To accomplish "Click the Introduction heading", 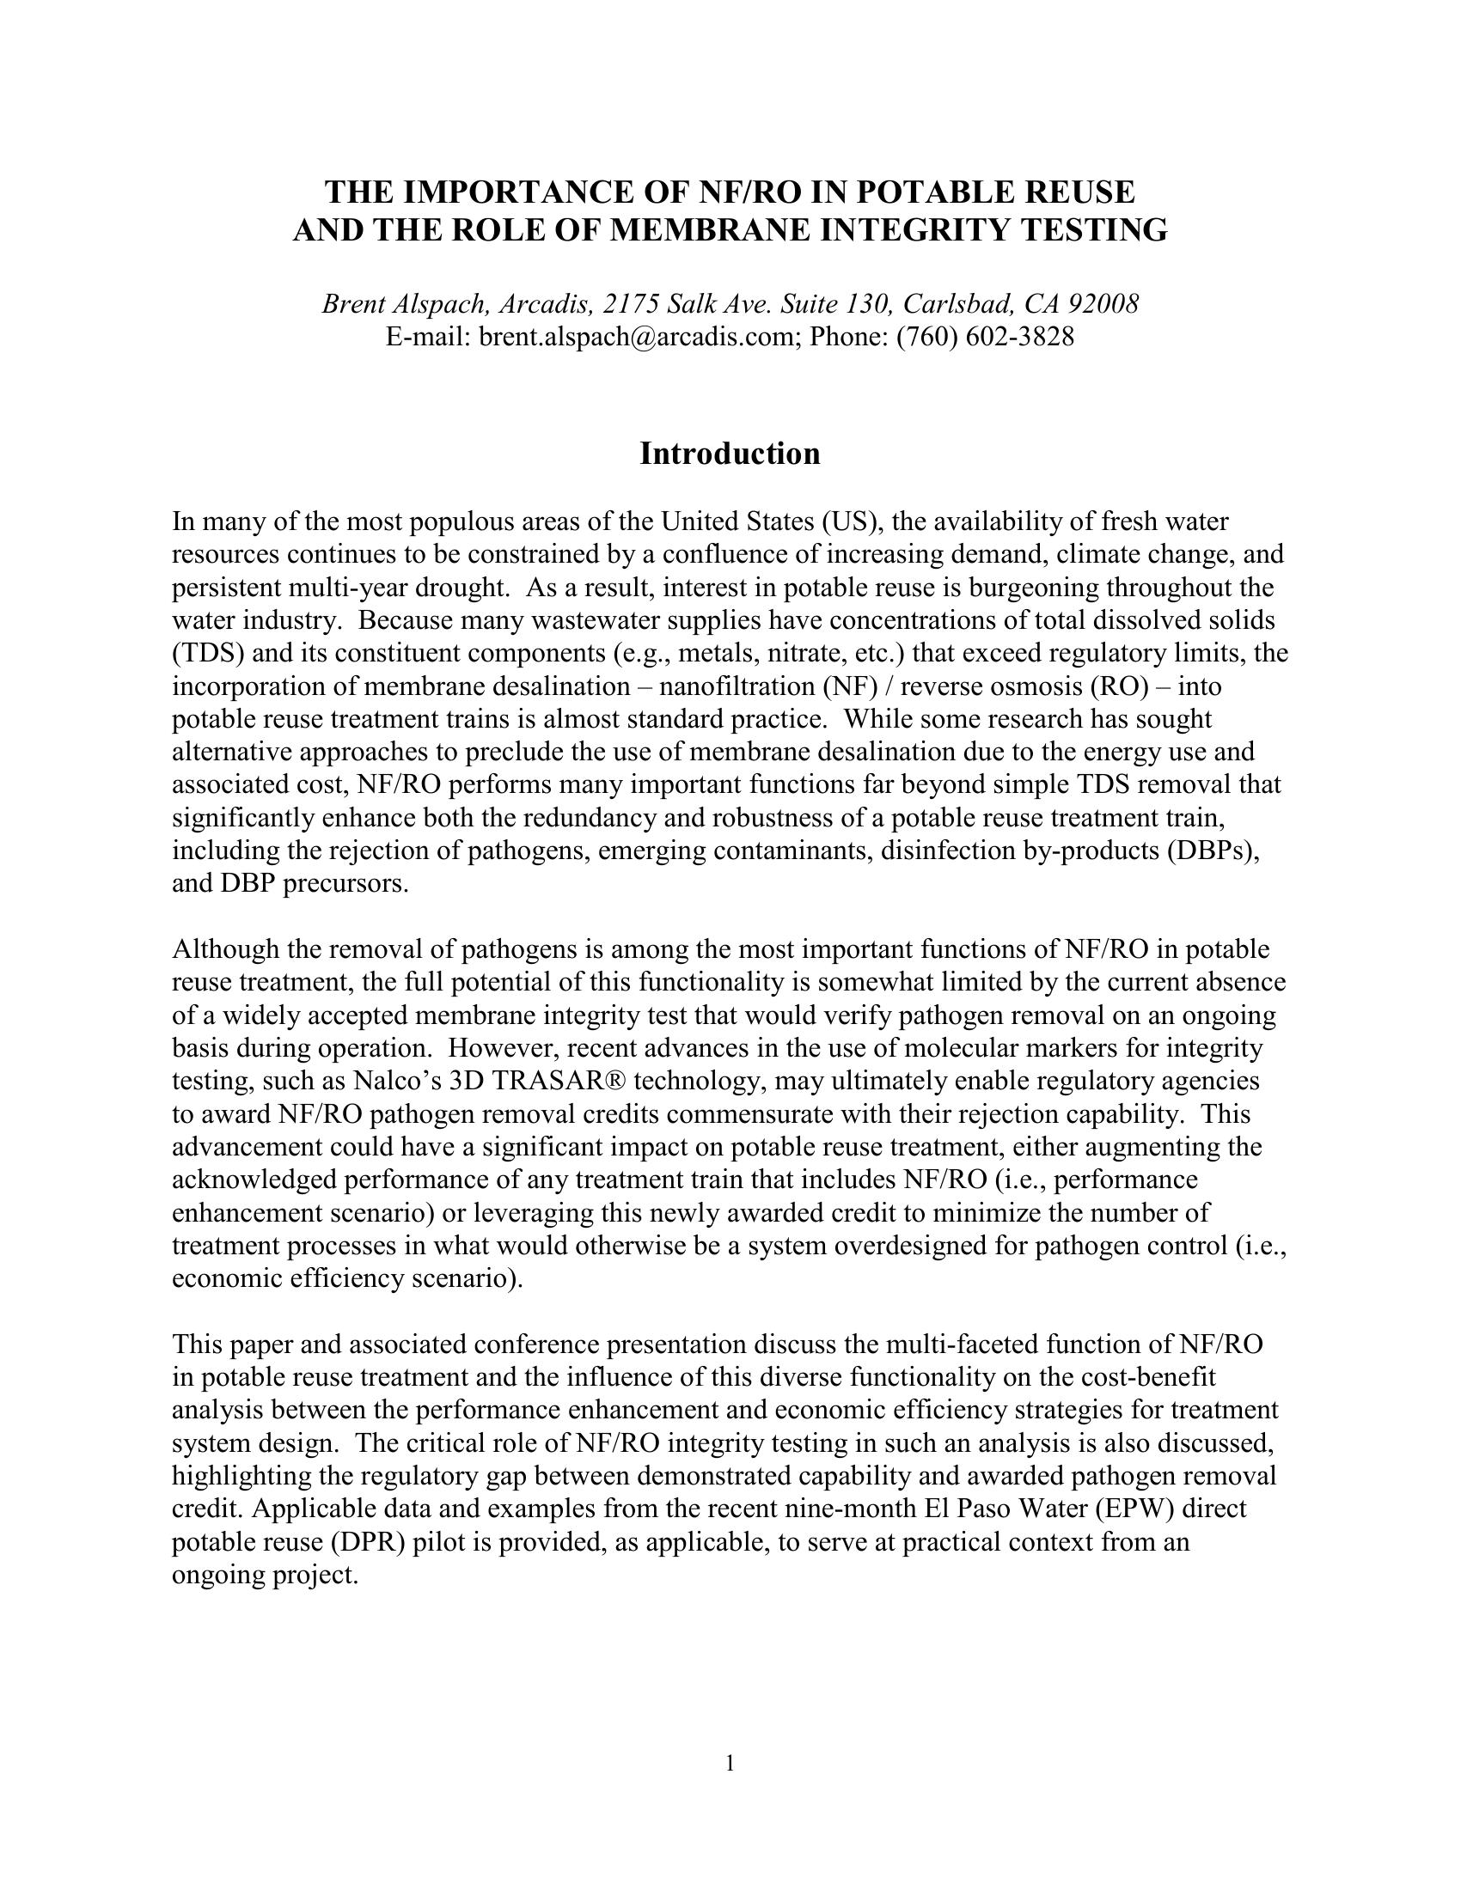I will pyautogui.click(x=730, y=454).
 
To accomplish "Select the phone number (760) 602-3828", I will pyautogui.click(x=985, y=337).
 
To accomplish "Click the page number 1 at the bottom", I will pyautogui.click(x=730, y=1763).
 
